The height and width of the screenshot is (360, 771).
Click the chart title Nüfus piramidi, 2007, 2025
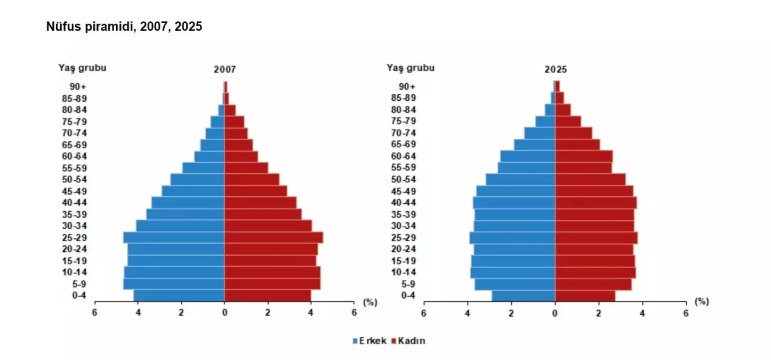pos(124,27)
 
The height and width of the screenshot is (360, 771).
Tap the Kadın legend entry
pos(409,340)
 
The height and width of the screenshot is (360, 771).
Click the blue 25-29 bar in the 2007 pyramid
pos(174,237)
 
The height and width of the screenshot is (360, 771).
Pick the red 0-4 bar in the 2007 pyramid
pos(267,295)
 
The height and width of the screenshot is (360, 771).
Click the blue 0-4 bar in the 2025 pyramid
pos(524,295)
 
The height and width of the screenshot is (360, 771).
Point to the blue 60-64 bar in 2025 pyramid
pos(528,156)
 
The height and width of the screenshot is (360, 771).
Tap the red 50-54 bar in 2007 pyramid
pos(251,179)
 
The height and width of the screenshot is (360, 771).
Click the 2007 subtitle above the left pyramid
pos(224,70)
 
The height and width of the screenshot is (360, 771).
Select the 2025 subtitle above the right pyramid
pos(556,70)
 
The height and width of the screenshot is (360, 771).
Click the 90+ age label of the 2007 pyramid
pos(78,86)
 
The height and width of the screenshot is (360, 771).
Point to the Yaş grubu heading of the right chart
pos(411,68)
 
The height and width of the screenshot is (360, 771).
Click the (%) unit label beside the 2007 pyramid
pos(370,302)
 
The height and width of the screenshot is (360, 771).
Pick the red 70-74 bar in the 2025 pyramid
pos(574,133)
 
